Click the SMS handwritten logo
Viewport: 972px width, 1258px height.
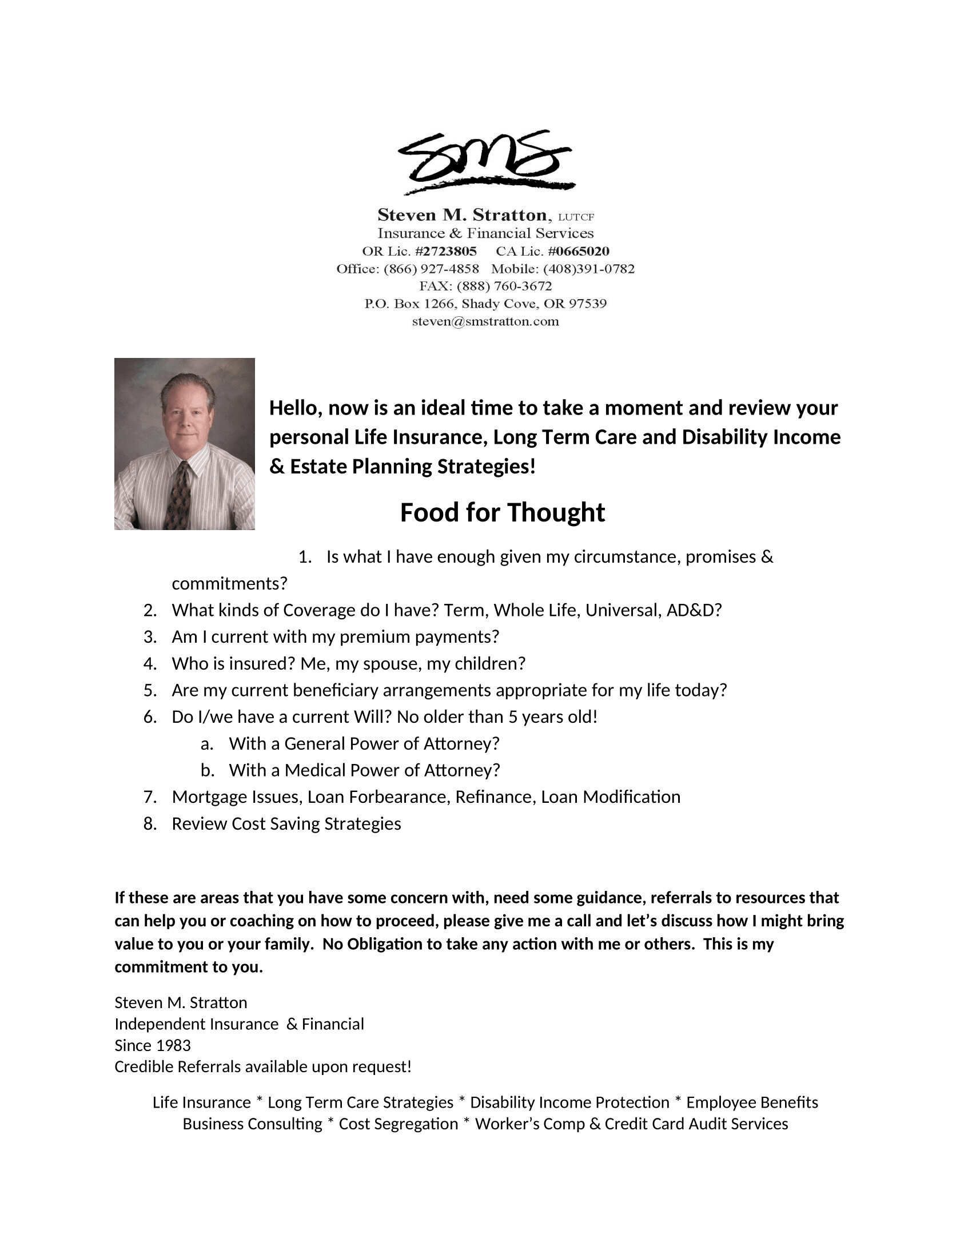485,162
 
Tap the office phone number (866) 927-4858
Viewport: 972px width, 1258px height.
431,269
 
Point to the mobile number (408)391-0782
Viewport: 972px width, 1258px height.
588,269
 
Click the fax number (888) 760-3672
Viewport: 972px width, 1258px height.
504,286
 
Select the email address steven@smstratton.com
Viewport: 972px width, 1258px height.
485,321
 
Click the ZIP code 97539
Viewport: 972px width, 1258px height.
588,304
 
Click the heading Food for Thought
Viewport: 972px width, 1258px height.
502,512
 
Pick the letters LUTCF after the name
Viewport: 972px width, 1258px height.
576,217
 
